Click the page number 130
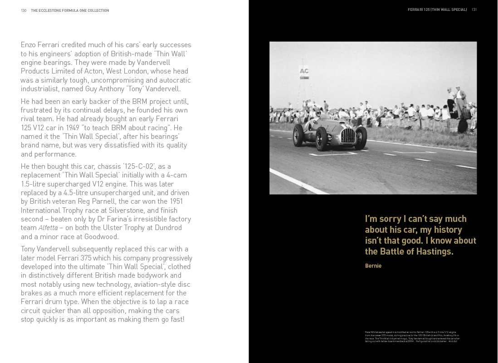(24, 10)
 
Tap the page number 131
(474, 10)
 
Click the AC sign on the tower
(304, 71)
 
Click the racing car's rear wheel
(298, 135)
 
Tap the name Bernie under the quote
(373, 266)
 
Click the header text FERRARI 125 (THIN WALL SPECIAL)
(437, 10)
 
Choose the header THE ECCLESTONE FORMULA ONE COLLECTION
(70, 10)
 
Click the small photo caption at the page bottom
(412, 337)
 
